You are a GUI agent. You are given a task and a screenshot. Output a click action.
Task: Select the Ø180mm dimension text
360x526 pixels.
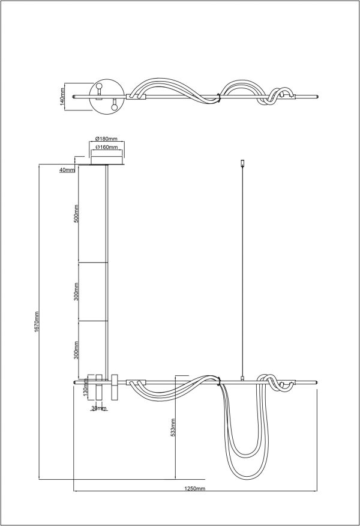[106, 139]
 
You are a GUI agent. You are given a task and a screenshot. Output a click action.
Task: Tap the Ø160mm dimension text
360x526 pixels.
[106, 147]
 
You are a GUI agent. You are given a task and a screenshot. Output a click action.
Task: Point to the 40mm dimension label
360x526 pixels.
[67, 170]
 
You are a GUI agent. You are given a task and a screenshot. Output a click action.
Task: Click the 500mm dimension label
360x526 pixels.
[76, 214]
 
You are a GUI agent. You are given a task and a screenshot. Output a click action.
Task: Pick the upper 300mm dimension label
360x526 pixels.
[76, 291]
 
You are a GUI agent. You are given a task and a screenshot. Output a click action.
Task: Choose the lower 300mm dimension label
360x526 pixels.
[76, 350]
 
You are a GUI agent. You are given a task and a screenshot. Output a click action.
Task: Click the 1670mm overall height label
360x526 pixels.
[37, 322]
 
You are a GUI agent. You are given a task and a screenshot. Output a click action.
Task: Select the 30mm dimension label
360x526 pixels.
[98, 408]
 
